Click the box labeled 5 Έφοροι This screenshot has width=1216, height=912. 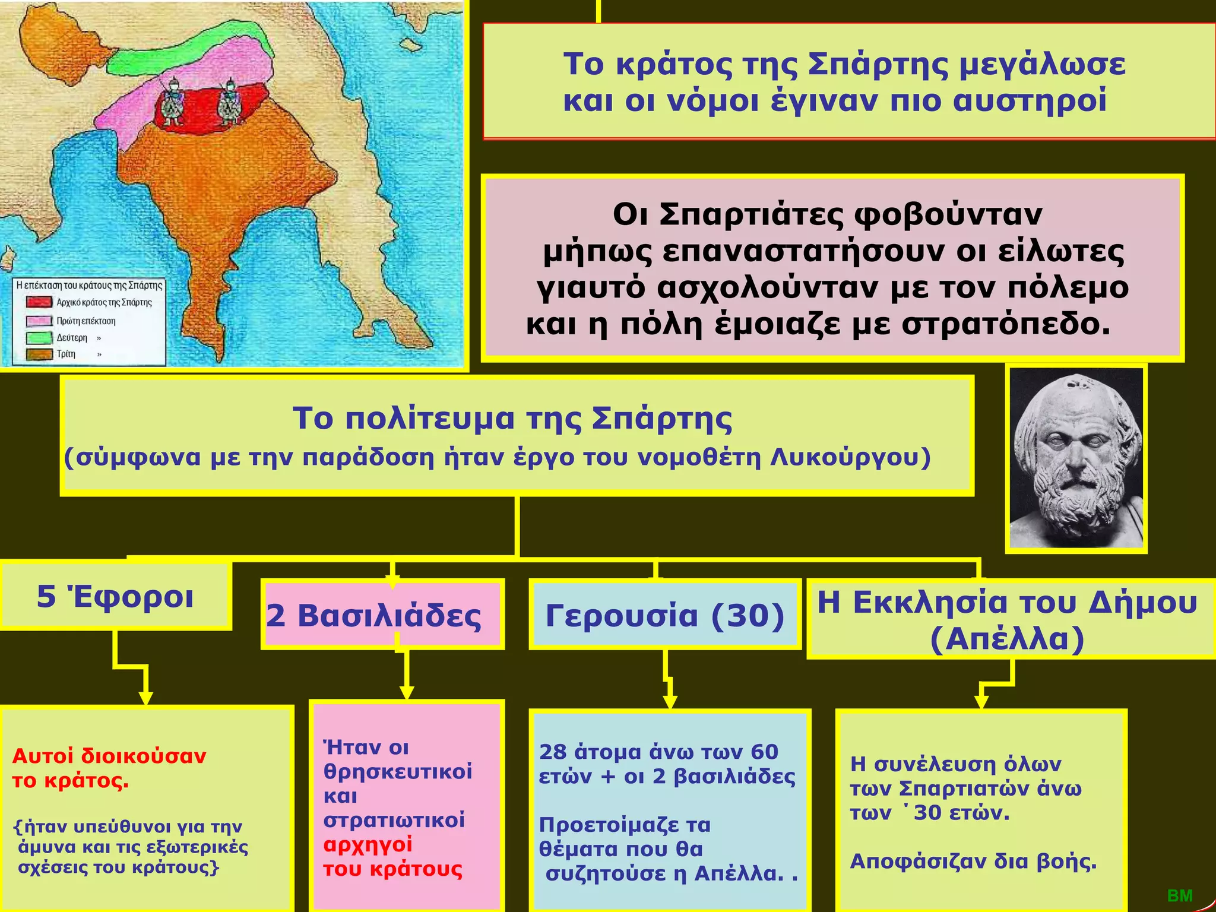pos(115,596)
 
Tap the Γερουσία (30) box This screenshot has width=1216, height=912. pos(665,615)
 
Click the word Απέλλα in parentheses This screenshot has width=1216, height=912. pos(1008,639)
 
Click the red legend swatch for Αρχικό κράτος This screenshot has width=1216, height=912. pos(39,302)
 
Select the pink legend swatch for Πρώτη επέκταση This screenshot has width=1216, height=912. pos(39,321)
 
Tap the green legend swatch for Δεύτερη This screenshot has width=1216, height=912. pos(39,338)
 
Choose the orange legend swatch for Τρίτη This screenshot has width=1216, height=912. pos(39,354)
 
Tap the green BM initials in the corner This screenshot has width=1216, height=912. pos(1180,896)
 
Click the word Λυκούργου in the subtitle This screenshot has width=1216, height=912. pos(850,458)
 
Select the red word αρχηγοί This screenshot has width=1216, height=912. pos(368,844)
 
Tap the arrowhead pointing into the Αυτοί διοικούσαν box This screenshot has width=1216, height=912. pos(145,698)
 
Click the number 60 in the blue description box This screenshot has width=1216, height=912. pos(764,752)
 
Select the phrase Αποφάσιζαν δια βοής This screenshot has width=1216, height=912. pos(973,860)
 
